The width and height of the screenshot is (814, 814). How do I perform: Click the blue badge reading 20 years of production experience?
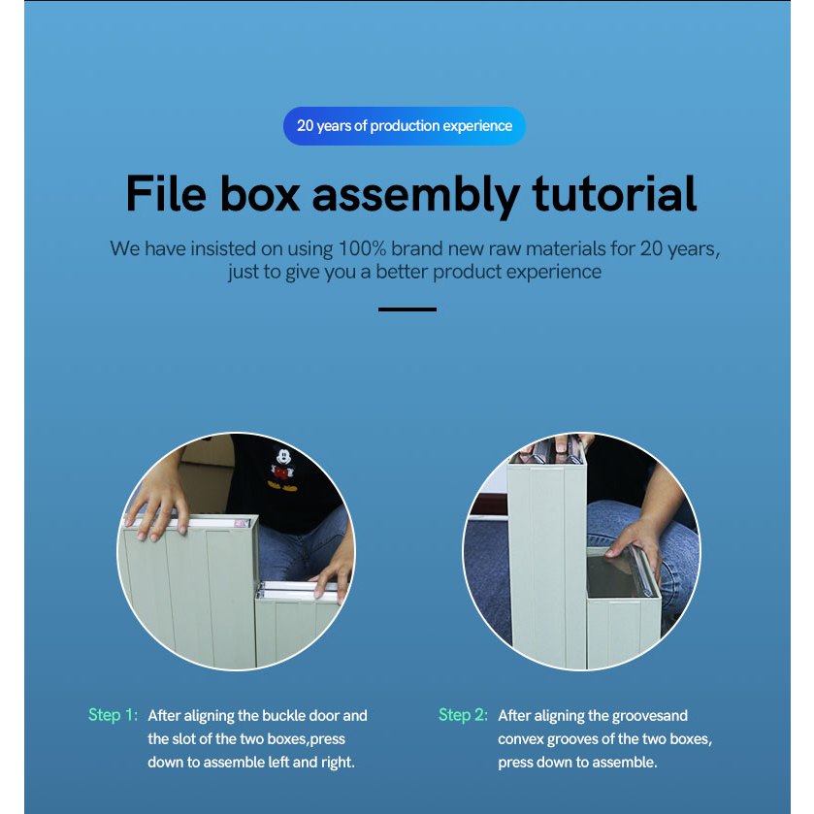(x=405, y=125)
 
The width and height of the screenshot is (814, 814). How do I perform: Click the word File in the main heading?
(x=166, y=194)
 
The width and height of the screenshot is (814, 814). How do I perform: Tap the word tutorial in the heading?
(x=614, y=194)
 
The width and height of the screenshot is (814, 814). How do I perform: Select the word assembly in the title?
(x=416, y=196)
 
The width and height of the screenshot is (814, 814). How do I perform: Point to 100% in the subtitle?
(x=362, y=248)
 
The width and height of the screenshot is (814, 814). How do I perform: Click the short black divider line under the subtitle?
(x=407, y=309)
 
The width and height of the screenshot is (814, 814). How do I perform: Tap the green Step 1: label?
(x=113, y=715)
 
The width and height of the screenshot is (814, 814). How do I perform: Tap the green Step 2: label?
(x=463, y=715)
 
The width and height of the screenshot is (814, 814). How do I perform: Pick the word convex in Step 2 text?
(x=520, y=739)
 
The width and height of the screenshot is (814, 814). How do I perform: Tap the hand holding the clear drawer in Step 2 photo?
(x=635, y=550)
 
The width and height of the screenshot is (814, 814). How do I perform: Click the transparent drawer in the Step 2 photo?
(x=618, y=572)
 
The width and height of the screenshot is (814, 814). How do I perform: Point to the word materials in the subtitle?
(x=566, y=248)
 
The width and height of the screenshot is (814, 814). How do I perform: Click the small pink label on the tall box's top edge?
(x=241, y=523)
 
